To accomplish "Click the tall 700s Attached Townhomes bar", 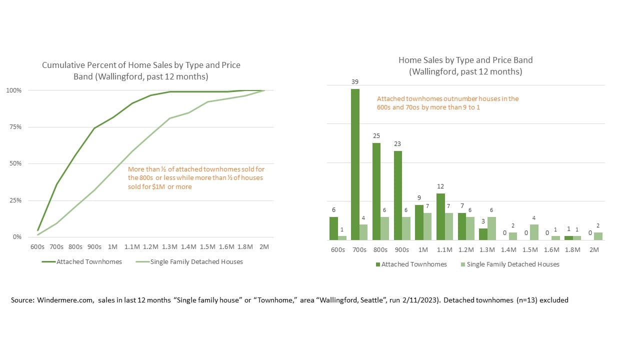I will click(x=355, y=165).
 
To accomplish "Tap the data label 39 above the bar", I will click(x=355, y=82).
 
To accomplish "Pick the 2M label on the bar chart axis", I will click(x=594, y=249).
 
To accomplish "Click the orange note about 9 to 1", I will click(x=447, y=103).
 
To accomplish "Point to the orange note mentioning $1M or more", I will click(x=195, y=178).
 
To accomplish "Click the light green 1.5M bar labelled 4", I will click(x=534, y=232).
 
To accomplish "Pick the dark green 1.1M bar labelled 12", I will click(x=440, y=216).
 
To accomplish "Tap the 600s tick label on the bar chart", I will click(x=337, y=249).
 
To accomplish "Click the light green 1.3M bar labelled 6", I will click(x=491, y=228).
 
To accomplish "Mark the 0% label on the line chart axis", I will click(x=17, y=237).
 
